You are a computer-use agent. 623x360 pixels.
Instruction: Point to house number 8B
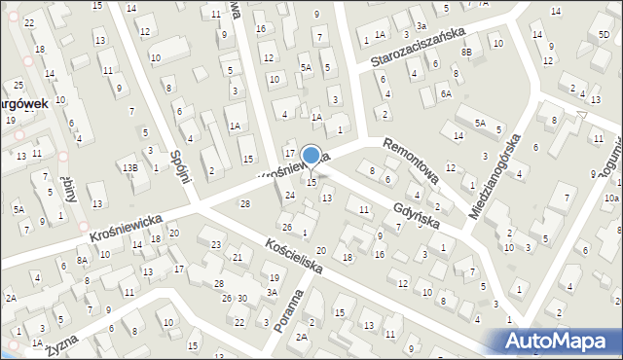click(467, 51)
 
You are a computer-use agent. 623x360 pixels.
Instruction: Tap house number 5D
click(604, 35)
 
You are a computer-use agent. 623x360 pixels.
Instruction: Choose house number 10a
click(610, 198)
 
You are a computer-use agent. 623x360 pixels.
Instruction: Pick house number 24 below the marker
click(290, 196)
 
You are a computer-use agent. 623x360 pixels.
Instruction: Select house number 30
click(242, 298)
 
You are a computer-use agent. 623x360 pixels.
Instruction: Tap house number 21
click(238, 258)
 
